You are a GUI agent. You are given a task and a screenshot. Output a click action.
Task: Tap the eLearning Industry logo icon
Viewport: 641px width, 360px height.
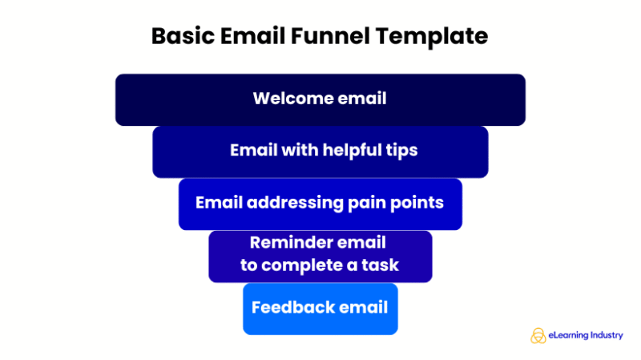click(x=538, y=336)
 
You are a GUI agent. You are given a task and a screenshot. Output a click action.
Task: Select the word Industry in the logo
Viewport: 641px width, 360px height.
click(x=603, y=336)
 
